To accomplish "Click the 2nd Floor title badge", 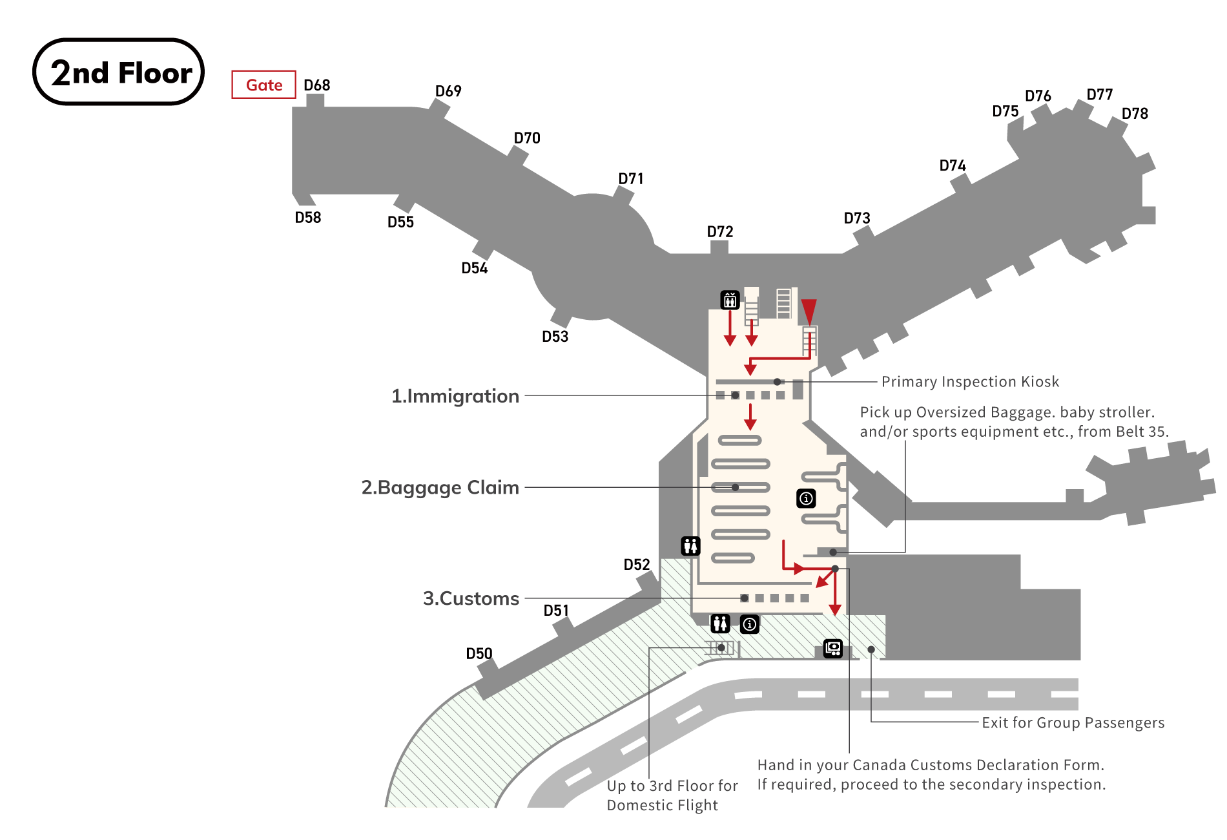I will click(119, 72).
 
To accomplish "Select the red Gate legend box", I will click(263, 85).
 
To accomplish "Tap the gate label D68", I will click(317, 85).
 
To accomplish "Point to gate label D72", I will click(720, 231).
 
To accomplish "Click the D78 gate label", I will click(1135, 114).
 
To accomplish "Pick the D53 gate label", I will click(555, 337).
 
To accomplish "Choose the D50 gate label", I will click(479, 654).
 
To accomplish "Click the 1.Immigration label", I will click(455, 395).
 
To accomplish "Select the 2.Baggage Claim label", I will click(440, 487).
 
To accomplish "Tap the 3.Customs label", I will click(471, 598).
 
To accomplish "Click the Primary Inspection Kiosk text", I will click(970, 382).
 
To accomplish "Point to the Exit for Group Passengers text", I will click(1073, 722).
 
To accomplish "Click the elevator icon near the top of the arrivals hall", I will click(730, 300).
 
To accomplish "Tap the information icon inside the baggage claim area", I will click(806, 498).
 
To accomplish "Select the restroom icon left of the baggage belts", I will click(690, 546).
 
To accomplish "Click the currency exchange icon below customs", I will click(833, 648).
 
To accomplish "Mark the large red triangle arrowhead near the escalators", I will click(809, 311).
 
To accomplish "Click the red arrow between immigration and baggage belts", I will click(750, 417).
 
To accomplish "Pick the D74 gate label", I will click(953, 165).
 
